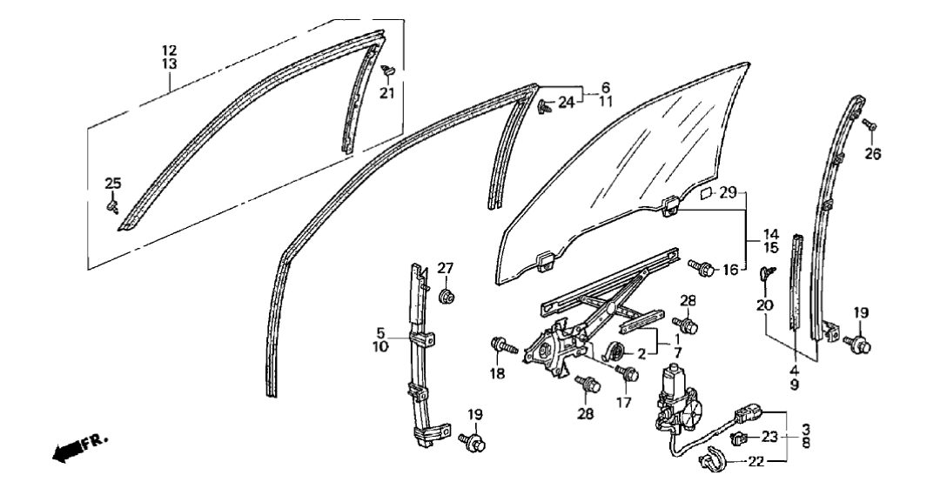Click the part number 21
tap(386, 94)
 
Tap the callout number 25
tap(113, 184)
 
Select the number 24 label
tap(567, 103)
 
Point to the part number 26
tap(872, 154)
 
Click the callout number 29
tap(729, 191)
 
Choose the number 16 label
tap(729, 270)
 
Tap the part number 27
tap(445, 268)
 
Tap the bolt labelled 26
tap(868, 124)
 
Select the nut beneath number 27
tap(446, 297)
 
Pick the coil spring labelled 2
tap(615, 352)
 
